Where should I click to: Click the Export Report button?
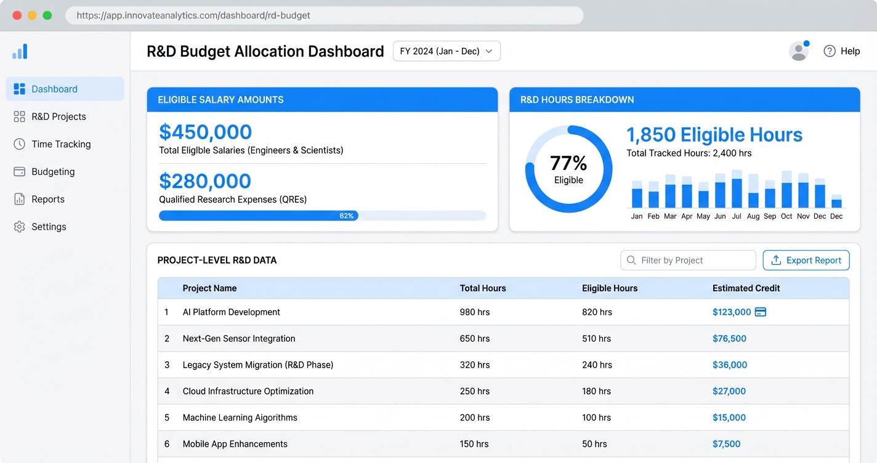[806, 260]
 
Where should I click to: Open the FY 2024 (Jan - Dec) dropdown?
[447, 51]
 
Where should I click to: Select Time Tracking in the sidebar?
[61, 144]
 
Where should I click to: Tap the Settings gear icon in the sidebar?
[20, 227]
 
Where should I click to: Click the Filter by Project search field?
[688, 260]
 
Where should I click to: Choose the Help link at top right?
[842, 51]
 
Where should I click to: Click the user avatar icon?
[799, 51]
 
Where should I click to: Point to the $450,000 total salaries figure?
[205, 132]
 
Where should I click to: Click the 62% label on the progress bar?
[346, 216]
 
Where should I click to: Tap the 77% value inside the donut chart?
[568, 163]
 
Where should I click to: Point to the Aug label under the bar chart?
[753, 217]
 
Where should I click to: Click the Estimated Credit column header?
[746, 288]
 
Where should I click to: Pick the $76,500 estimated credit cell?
[729, 339]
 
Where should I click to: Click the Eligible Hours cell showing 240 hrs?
[597, 365]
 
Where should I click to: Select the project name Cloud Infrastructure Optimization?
[248, 392]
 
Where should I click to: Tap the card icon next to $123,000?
[761, 312]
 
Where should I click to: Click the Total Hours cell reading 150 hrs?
[474, 444]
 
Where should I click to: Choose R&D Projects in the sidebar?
[59, 116]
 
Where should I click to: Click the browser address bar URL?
[193, 15]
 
